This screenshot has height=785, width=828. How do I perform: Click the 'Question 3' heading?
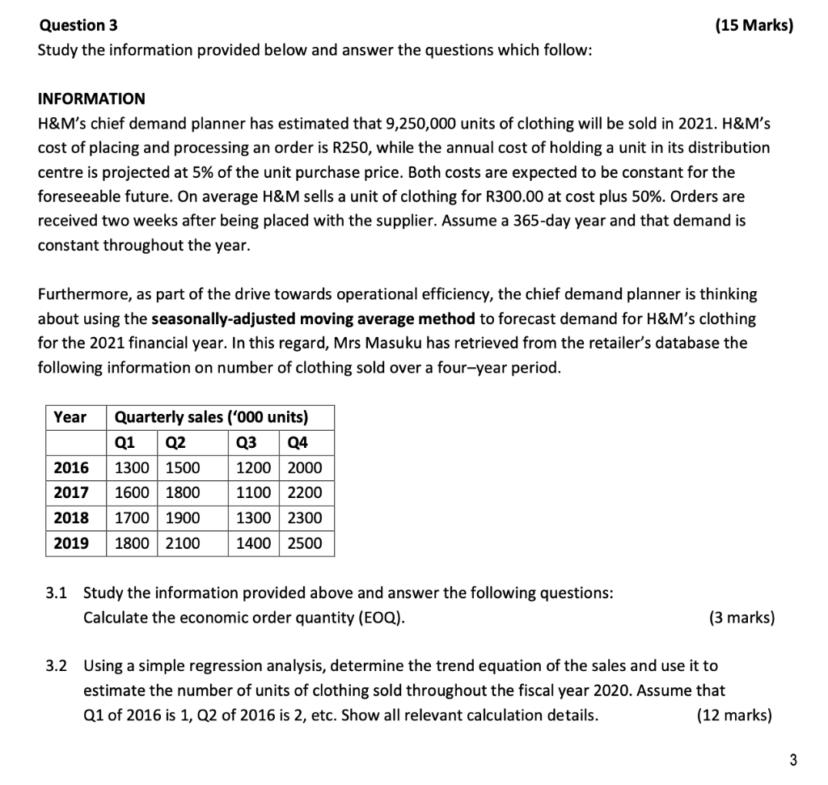[x=78, y=26]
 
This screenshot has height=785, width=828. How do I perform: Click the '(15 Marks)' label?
[x=754, y=26]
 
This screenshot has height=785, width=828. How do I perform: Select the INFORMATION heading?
[x=91, y=99]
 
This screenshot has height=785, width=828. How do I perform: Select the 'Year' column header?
[x=70, y=417]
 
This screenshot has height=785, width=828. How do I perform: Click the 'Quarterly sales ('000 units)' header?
[x=212, y=417]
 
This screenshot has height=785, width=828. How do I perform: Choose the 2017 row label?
[x=71, y=492]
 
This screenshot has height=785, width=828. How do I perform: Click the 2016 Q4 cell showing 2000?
[x=304, y=467]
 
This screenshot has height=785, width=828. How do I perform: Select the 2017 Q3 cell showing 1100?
[x=253, y=492]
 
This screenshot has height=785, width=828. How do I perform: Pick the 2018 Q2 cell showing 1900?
[x=183, y=517]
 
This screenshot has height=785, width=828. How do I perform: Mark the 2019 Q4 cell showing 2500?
[x=304, y=543]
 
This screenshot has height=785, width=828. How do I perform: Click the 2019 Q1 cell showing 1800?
[x=132, y=543]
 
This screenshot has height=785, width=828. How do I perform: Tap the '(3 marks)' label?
[x=741, y=618]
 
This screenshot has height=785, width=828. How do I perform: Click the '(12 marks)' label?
[x=733, y=715]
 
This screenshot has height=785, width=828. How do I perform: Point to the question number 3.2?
[x=56, y=666]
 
